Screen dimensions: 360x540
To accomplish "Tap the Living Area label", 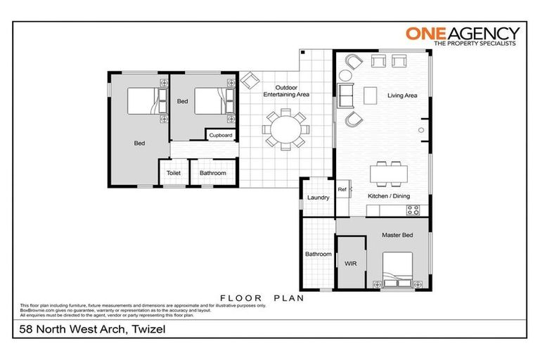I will click(402, 95).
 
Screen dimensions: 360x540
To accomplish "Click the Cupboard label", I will click(221, 135).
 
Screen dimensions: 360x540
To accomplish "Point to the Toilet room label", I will click(173, 173).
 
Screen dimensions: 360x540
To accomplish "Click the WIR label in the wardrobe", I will click(351, 264).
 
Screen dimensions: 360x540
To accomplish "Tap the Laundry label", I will click(318, 198).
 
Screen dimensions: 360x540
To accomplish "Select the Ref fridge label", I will click(342, 189).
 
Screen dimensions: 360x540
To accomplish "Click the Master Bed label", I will click(397, 235).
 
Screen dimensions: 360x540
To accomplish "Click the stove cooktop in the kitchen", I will click(414, 210).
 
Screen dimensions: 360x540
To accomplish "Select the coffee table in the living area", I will click(371, 94).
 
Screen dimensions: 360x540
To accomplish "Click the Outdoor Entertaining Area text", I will click(286, 90).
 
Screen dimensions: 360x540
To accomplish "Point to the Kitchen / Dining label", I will click(389, 196).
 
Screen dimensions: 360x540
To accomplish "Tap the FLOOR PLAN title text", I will click(262, 297).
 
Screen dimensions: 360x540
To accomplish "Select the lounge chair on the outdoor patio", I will click(250, 82).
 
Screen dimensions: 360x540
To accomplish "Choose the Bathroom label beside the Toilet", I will click(212, 173).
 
